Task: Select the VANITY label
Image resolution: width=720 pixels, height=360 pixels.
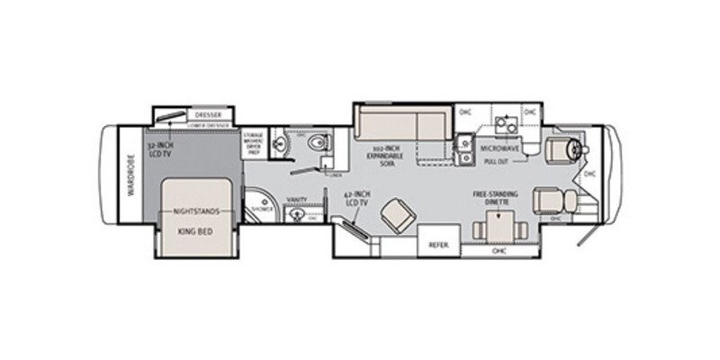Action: pos(297,200)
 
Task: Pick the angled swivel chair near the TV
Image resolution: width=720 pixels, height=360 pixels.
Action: pos(393,217)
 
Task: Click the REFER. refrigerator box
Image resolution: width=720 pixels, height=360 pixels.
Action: pos(438,243)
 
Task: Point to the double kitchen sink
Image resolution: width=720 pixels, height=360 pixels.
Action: pos(464,148)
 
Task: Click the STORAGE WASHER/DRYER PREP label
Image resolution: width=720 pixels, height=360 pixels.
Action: pos(254,144)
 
